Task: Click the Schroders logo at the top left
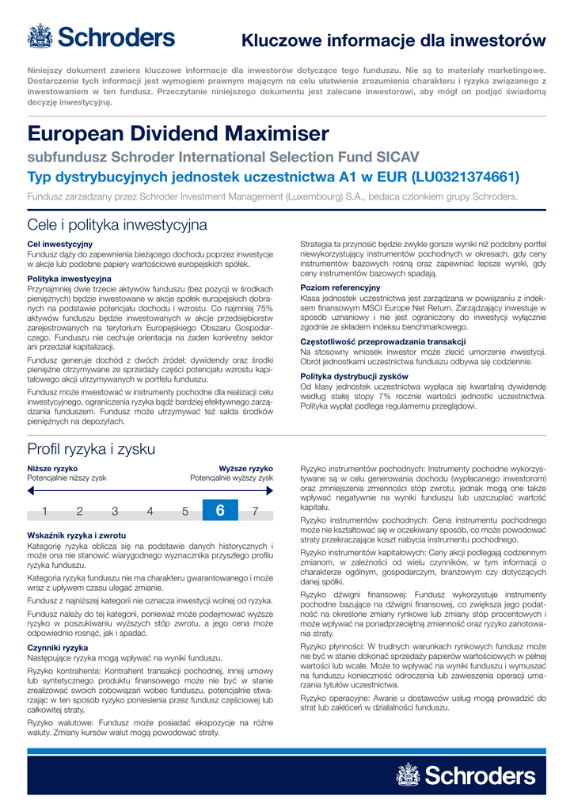point(101,36)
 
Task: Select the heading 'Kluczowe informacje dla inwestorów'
point(393,40)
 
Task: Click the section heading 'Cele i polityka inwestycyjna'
point(116,225)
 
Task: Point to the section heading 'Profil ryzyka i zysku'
point(91,449)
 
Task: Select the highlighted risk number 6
point(220,511)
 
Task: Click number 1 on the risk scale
point(45,511)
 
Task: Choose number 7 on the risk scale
point(255,511)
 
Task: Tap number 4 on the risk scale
point(150,511)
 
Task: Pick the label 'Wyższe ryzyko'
point(245,469)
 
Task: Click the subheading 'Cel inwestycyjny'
point(60,244)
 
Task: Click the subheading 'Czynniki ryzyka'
point(58,648)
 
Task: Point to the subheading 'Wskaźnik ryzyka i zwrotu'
point(77,536)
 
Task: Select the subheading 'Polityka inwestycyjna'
point(69,279)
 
